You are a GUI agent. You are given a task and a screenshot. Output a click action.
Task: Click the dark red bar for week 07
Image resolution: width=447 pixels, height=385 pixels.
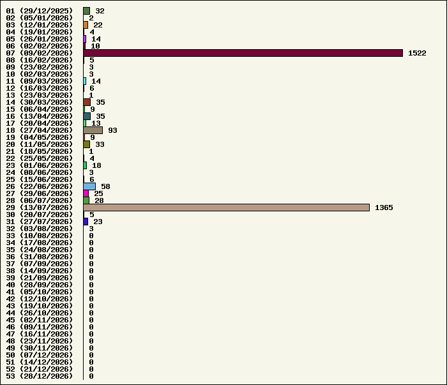tap(243, 53)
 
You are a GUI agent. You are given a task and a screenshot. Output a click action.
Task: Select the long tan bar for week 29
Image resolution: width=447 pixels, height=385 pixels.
tap(227, 208)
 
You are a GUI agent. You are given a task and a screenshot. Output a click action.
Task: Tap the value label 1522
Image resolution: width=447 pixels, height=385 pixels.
tap(417, 53)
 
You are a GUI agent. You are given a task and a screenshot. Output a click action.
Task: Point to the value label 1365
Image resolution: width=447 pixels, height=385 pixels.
tap(384, 208)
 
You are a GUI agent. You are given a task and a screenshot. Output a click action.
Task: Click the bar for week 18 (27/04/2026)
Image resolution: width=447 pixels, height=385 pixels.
tap(93, 130)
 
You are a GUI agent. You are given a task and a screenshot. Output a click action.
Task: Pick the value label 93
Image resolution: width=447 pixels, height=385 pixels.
tap(112, 130)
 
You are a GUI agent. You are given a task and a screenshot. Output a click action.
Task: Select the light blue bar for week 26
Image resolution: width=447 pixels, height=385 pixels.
tap(89, 186)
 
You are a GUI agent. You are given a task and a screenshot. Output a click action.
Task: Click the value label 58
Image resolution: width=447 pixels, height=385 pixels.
tap(105, 186)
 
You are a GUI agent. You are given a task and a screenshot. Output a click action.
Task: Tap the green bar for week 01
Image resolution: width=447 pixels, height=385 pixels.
tap(87, 11)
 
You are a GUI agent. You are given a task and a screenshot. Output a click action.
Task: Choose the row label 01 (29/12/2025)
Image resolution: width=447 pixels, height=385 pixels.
tap(40, 11)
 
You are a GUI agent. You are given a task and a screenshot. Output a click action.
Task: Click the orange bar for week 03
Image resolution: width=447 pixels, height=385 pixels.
tap(86, 25)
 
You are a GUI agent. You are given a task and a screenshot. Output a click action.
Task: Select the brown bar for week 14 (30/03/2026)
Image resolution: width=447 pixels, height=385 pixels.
tap(87, 102)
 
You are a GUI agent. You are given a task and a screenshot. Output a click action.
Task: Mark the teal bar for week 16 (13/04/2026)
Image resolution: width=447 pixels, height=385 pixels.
tap(87, 116)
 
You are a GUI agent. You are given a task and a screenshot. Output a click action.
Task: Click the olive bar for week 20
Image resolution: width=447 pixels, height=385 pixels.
tap(87, 144)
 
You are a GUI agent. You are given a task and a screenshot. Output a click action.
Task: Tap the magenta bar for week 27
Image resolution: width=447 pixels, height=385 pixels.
tap(86, 193)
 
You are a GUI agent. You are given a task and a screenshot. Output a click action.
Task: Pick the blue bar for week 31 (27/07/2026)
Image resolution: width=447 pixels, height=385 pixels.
tap(86, 222)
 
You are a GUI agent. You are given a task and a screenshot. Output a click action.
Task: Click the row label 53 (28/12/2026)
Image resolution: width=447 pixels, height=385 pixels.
tap(40, 376)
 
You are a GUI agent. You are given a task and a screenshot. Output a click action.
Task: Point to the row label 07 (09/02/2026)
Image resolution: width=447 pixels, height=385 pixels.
tap(40, 53)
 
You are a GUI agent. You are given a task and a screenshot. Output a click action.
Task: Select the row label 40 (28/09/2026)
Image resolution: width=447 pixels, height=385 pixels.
tap(40, 285)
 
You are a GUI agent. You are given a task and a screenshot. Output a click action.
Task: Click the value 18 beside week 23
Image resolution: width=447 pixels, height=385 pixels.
tap(96, 165)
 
